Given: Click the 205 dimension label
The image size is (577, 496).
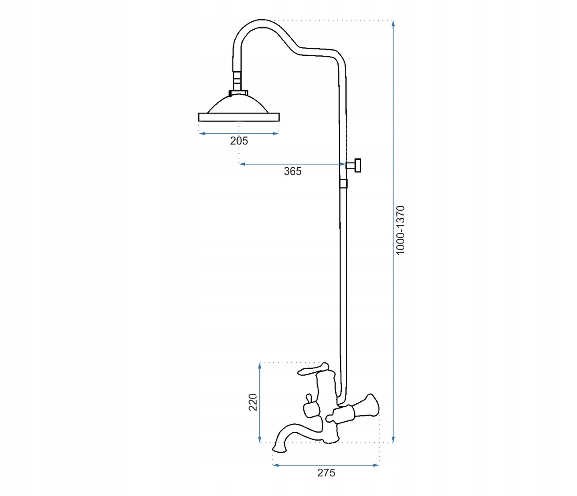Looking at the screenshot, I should pyautogui.click(x=239, y=141).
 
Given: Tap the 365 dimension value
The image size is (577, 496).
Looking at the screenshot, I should pyautogui.click(x=293, y=171).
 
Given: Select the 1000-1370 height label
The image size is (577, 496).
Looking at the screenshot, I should pyautogui.click(x=400, y=230).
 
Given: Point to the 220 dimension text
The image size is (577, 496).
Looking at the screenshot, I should pyautogui.click(x=253, y=402).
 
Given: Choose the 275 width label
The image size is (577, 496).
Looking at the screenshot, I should pyautogui.click(x=326, y=473).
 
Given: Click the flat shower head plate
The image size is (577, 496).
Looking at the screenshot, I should pyautogui.click(x=239, y=117).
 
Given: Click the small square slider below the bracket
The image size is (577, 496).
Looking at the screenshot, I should pyautogui.click(x=343, y=184).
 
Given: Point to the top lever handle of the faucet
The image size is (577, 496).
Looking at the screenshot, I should pyautogui.click(x=313, y=369).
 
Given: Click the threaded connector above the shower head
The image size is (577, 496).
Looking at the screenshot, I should pyautogui.click(x=237, y=81).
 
